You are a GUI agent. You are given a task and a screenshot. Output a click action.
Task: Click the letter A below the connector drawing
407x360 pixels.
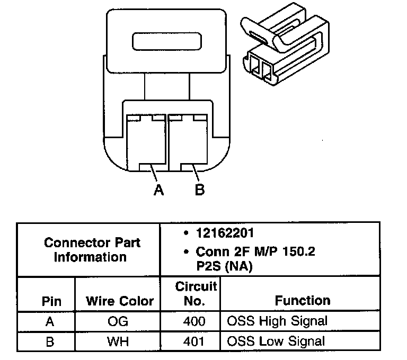tap(158, 190)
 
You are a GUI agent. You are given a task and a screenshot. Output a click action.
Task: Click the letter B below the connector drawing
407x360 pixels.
tap(200, 190)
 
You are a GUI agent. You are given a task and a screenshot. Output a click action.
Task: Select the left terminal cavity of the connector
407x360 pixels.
tap(146, 142)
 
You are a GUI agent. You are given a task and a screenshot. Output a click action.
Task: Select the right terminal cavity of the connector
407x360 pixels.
tap(188, 142)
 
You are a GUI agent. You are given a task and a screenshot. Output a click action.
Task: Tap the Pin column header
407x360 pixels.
tap(51, 301)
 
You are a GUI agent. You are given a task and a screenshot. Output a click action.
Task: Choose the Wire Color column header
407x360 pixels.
tap(120, 301)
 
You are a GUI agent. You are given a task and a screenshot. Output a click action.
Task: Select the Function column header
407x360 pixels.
tap(303, 300)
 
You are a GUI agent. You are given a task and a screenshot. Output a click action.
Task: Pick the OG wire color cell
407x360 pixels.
tap(118, 321)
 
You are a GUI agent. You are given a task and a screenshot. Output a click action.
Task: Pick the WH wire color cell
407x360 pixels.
tap(118, 341)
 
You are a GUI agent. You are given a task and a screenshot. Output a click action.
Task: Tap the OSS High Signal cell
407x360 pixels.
tap(277, 321)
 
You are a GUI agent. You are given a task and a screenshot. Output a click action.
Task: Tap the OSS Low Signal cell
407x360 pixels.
tap(276, 341)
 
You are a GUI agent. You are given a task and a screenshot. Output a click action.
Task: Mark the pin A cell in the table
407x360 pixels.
tap(50, 321)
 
